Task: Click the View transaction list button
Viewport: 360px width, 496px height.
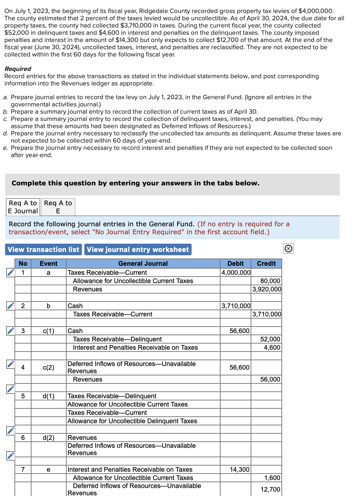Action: pyautogui.click(x=43, y=249)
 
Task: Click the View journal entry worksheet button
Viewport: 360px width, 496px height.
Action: pyautogui.click(x=138, y=249)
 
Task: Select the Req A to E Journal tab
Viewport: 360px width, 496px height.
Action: pyautogui.click(x=23, y=207)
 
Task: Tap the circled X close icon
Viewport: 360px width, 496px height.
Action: pyautogui.click(x=288, y=248)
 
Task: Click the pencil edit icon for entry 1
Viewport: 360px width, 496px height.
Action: pyautogui.click(x=11, y=272)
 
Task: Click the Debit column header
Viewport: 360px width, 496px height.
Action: pyautogui.click(x=235, y=264)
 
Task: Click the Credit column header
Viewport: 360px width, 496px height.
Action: pyautogui.click(x=266, y=264)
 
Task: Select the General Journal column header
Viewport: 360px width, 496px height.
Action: pyautogui.click(x=143, y=264)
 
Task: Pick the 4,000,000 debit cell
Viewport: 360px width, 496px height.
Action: pyautogui.click(x=236, y=273)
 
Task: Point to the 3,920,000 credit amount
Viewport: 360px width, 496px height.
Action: pyautogui.click(x=267, y=289)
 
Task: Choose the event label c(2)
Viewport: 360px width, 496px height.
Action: pyautogui.click(x=49, y=367)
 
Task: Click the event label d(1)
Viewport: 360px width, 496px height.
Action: pyautogui.click(x=49, y=396)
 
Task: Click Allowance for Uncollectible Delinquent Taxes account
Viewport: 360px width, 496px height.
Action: pyautogui.click(x=132, y=421)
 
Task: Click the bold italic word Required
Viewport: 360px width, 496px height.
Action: pyautogui.click(x=18, y=69)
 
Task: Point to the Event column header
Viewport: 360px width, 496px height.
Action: pyautogui.click(x=49, y=264)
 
